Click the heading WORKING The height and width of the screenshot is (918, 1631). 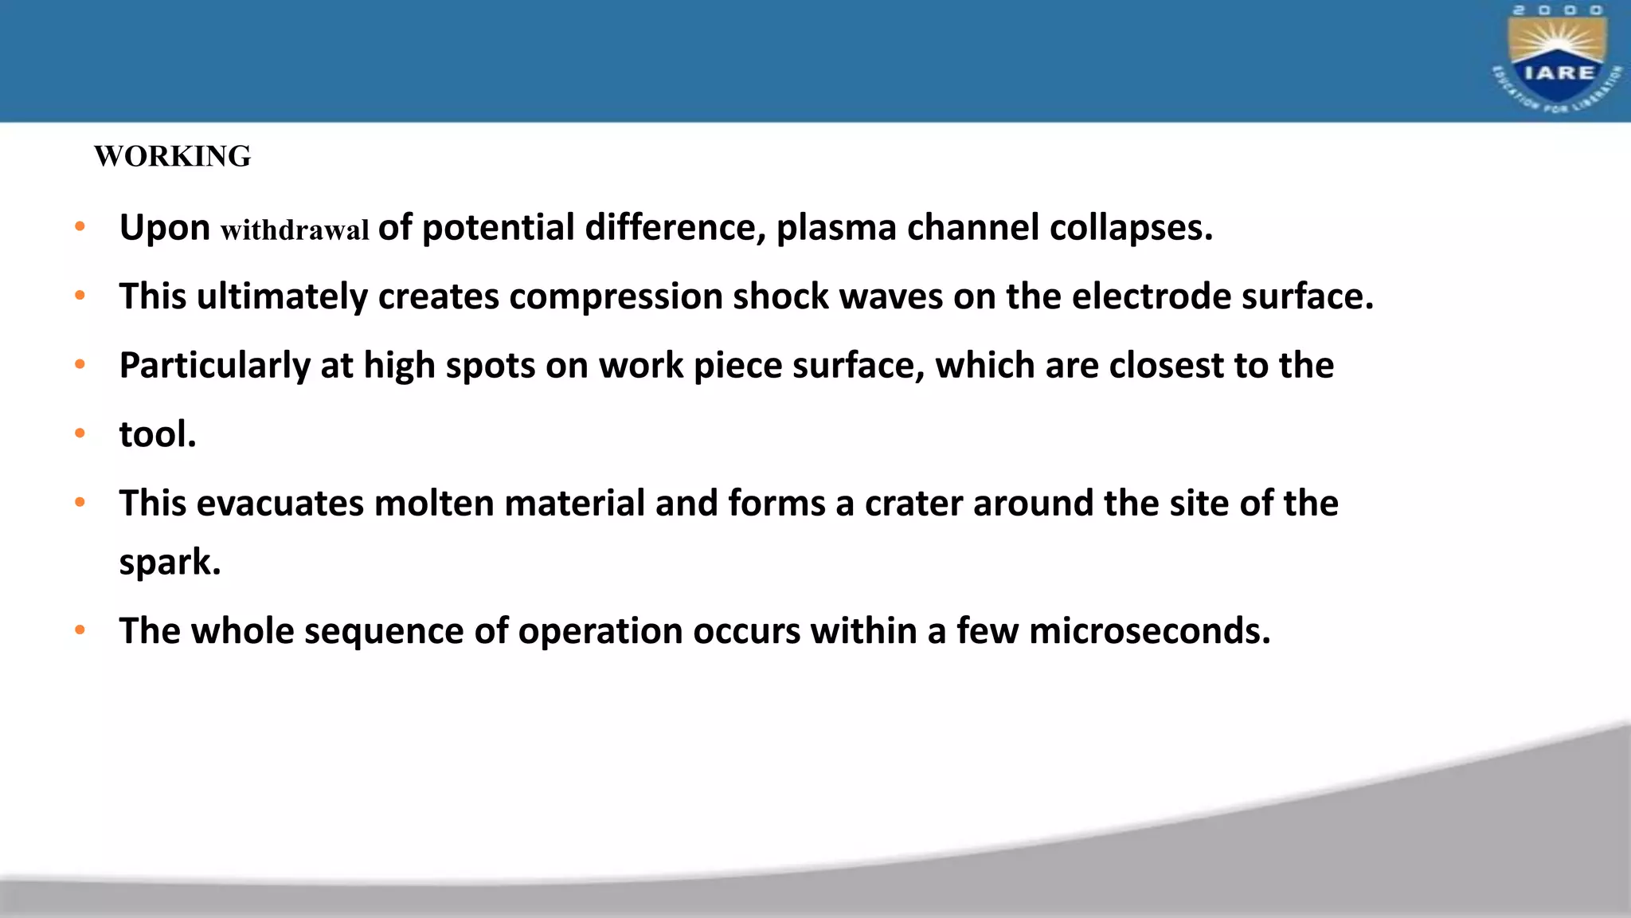172,156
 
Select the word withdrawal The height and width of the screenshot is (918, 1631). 295,230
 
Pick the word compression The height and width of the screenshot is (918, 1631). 616,297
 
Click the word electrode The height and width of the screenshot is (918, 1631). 1151,296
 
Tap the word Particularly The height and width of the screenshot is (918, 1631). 214,367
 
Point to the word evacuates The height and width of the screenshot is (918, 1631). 280,504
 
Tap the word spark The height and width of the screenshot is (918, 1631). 169,563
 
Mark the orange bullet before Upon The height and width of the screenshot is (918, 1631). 80,227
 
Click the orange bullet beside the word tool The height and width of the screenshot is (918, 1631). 80,434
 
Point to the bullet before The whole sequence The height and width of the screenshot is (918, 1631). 80,630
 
